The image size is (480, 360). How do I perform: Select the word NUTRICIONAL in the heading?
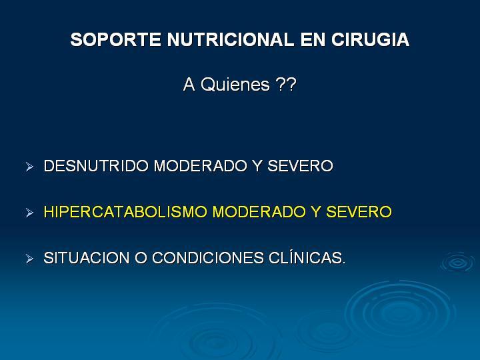click(231, 40)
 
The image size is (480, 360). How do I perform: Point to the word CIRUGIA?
click(370, 40)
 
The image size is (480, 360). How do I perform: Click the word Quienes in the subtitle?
click(235, 84)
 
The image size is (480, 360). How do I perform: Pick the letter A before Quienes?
click(189, 85)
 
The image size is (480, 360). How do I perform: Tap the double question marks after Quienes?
click(286, 84)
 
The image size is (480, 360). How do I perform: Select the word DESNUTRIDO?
click(96, 166)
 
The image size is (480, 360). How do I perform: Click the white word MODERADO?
click(200, 166)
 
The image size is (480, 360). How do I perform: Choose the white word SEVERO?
click(300, 166)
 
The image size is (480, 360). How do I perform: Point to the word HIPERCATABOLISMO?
click(125, 212)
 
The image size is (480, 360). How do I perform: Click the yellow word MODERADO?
click(259, 212)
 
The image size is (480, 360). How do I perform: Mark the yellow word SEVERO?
click(359, 212)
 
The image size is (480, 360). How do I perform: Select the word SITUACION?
click(86, 258)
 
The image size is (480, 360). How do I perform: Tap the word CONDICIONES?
click(208, 258)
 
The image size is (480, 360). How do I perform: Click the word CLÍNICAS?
click(307, 257)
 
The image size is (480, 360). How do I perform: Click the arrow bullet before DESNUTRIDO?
click(29, 167)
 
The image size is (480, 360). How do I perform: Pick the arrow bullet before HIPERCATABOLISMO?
click(29, 213)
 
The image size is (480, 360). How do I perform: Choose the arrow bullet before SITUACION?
click(29, 259)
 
